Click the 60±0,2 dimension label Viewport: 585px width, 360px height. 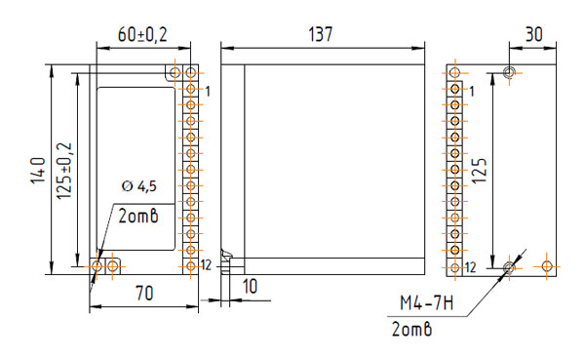coord(142,34)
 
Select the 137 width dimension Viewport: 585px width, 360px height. coord(321,34)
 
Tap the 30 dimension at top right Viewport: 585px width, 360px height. coord(534,34)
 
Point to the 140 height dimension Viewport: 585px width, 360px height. coord(38,171)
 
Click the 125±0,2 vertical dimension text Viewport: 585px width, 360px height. coord(64,171)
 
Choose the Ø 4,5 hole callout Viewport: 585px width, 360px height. coord(139,185)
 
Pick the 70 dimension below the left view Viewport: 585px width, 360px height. coord(144,293)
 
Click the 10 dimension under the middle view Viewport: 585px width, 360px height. coord(250,287)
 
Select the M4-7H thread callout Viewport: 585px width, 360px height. coord(427,302)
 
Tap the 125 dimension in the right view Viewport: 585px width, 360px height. coord(480,171)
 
